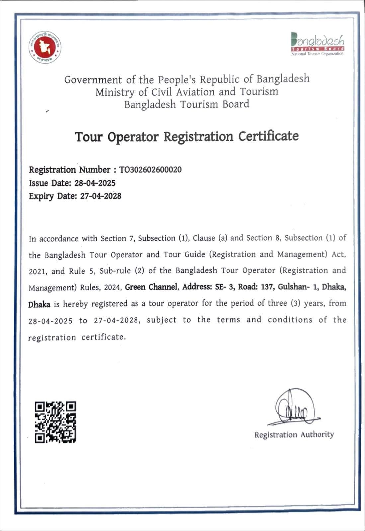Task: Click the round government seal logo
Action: point(45,47)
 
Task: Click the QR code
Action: point(55,422)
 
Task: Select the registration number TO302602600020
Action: point(150,170)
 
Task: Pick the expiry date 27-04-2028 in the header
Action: point(101,196)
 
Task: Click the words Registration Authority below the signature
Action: point(294,435)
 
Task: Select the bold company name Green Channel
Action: point(151,287)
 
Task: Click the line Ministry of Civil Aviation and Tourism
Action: point(187,92)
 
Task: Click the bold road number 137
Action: point(267,287)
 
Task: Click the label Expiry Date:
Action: point(53,196)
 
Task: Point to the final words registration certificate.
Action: point(77,337)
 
